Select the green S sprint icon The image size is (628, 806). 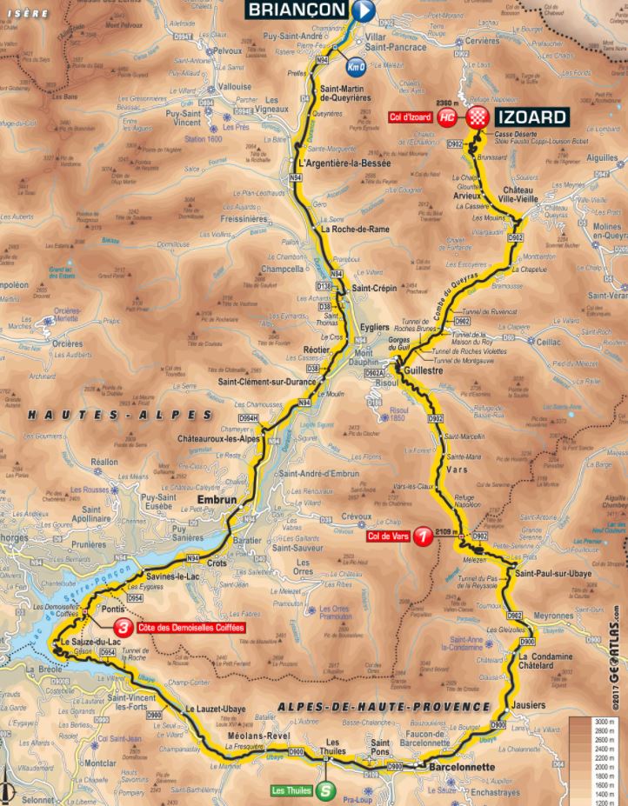tap(324, 791)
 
